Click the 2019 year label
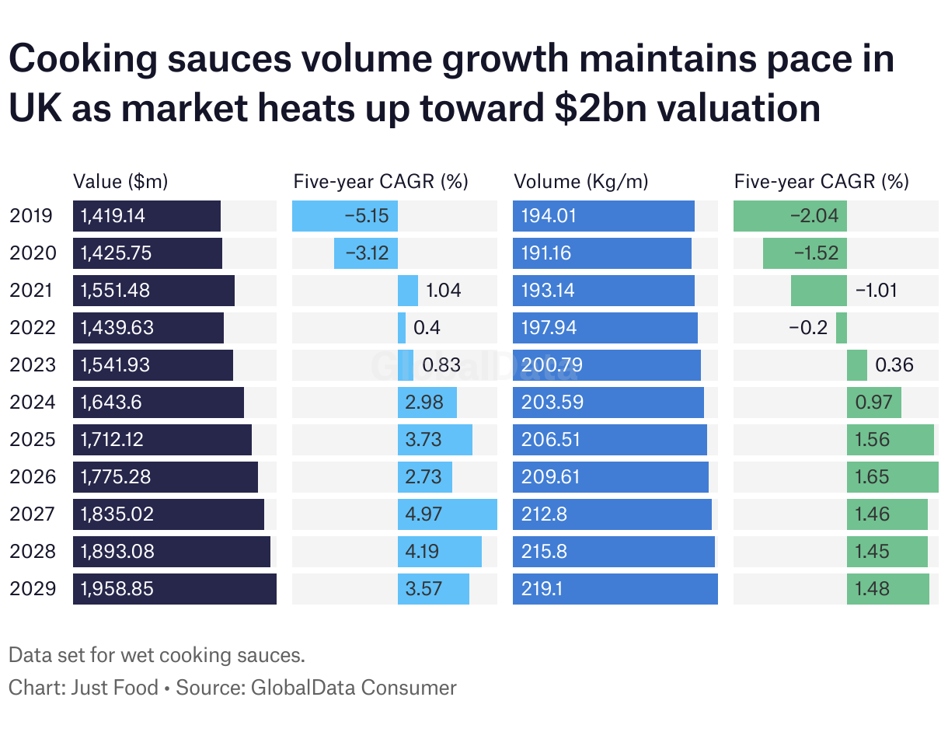tap(31, 215)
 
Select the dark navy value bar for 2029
tap(175, 589)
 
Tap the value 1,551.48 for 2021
tap(116, 291)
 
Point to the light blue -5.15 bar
tap(345, 216)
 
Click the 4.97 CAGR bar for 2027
tap(447, 514)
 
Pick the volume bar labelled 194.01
tap(603, 216)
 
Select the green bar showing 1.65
tap(892, 477)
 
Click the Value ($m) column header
tap(120, 182)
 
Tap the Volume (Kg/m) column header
tap(580, 182)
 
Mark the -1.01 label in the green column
tap(876, 291)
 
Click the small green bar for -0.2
tap(842, 328)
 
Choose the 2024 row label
tap(33, 403)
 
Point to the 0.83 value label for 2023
tap(441, 365)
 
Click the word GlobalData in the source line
tap(299, 688)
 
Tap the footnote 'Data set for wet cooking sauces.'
tap(156, 655)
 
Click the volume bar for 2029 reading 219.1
tap(615, 589)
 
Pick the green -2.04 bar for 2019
tap(790, 216)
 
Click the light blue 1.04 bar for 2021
tap(408, 291)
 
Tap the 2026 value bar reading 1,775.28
tap(166, 477)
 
